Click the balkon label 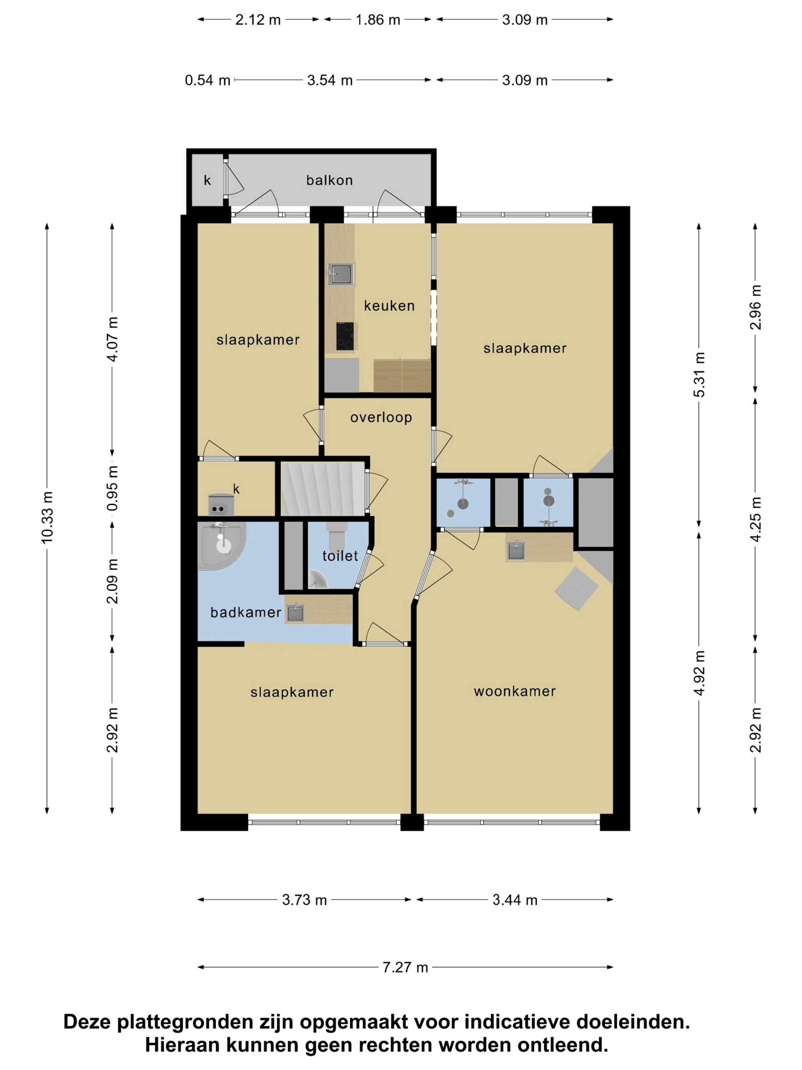pos(329,180)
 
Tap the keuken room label pos(389,306)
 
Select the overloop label pos(381,417)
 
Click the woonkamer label pos(514,691)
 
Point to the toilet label pos(340,556)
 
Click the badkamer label pos(246,613)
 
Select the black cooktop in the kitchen pos(346,336)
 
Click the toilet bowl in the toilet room pos(336,535)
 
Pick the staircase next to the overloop pos(322,488)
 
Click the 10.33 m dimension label pos(47,517)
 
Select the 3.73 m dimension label pos(304,900)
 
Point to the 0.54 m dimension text pos(207,80)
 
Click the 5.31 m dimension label pos(699,375)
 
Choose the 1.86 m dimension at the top pos(378,20)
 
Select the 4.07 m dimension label pos(112,339)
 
